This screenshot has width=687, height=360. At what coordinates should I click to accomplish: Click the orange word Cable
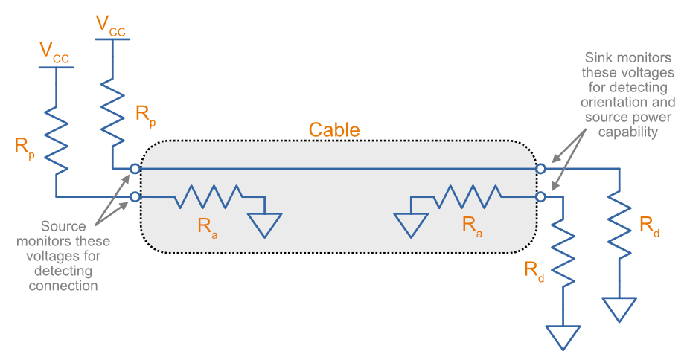click(334, 130)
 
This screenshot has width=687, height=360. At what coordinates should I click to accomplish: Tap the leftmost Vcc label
click(55, 51)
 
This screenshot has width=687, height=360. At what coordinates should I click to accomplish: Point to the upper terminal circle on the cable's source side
click(135, 169)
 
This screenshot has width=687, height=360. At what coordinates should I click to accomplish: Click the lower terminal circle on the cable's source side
click(135, 197)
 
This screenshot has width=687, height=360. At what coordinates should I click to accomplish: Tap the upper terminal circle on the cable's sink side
click(540, 169)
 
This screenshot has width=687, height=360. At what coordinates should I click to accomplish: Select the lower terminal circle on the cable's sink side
click(540, 197)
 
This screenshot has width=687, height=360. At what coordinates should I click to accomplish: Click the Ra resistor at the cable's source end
click(208, 197)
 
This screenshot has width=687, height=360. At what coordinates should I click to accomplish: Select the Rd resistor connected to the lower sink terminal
click(564, 253)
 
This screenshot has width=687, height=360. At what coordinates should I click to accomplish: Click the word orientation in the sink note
click(630, 103)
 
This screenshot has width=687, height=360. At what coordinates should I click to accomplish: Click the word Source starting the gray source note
click(63, 226)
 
